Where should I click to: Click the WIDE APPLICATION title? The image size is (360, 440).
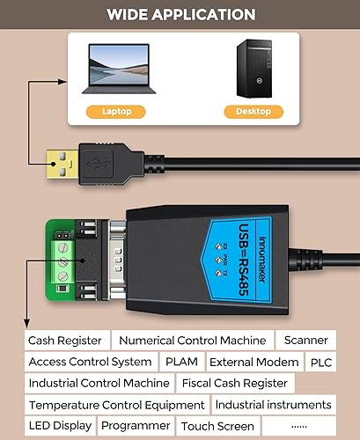point(180,15)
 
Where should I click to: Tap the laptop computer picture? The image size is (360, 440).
point(116,69)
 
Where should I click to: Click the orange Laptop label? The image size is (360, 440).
point(115,112)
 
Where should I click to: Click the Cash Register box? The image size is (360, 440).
point(66,341)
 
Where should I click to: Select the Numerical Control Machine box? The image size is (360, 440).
point(192,341)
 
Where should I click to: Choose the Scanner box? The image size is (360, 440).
point(305,341)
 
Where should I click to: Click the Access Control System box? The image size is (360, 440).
point(90,362)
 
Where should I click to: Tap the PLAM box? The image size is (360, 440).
point(181,362)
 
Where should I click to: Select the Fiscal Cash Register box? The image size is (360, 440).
point(234,383)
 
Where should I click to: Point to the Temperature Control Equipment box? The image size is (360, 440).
point(116,405)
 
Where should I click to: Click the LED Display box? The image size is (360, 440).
point(60,426)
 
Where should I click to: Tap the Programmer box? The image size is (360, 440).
point(136,426)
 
